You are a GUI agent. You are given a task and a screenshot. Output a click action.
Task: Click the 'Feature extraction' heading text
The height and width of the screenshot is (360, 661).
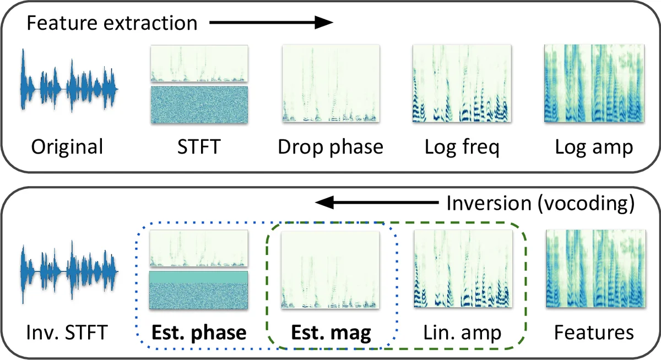coord(112,23)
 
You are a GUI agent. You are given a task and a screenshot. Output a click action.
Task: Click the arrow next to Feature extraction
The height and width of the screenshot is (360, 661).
coord(272,23)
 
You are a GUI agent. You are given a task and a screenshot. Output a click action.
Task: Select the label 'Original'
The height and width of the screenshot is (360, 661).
coord(67,148)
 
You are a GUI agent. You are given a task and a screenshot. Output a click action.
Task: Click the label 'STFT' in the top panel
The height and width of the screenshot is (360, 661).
coord(199,148)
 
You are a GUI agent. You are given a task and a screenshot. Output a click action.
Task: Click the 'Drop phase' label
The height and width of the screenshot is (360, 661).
coord(330,148)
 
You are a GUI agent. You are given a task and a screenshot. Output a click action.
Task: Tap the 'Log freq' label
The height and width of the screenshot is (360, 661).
coord(462,148)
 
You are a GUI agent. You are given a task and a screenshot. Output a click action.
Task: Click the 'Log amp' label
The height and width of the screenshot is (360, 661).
coord(594,148)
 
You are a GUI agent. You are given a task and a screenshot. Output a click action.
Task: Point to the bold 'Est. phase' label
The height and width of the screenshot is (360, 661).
coord(199,333)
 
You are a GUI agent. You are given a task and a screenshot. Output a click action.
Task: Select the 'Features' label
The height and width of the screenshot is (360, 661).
coord(594,333)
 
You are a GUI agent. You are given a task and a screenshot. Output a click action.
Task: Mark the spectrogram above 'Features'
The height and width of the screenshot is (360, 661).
coord(594,268)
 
